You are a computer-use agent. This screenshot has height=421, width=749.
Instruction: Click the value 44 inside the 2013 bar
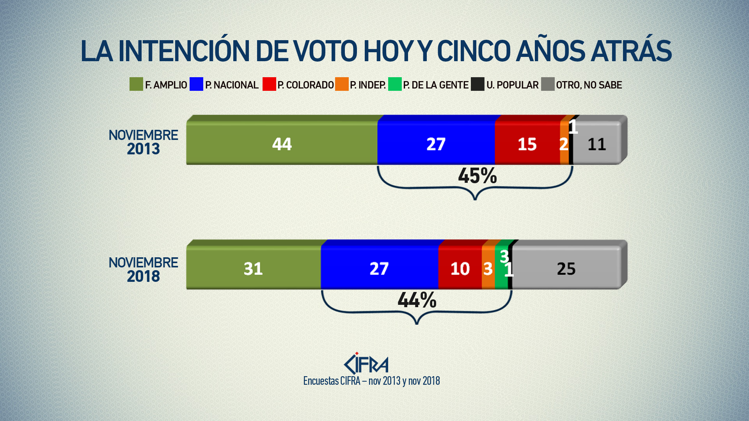(x=282, y=144)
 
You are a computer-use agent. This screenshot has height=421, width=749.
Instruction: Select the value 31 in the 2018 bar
(x=253, y=269)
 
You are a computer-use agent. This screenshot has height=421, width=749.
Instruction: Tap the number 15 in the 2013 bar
(x=527, y=145)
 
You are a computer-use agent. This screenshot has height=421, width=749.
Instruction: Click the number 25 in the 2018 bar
(x=566, y=269)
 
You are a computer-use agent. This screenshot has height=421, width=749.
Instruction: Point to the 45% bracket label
(x=477, y=176)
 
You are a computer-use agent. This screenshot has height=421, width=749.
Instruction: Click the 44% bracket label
(x=417, y=300)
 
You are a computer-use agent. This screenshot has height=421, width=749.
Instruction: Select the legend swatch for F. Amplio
(x=136, y=84)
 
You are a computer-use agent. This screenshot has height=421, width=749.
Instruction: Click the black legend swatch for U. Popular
(x=477, y=84)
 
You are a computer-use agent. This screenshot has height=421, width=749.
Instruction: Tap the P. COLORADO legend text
(x=305, y=85)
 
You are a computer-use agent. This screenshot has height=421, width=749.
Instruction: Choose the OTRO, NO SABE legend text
(x=589, y=85)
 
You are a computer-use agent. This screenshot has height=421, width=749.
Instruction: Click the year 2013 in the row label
(x=143, y=149)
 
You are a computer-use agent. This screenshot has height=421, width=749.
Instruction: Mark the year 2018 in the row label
(x=143, y=276)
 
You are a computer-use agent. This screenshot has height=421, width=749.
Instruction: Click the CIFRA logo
(x=366, y=364)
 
